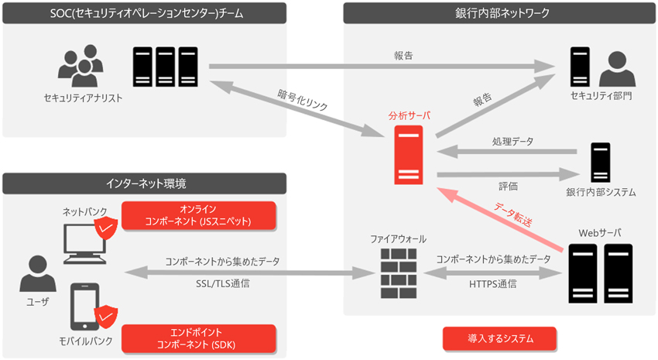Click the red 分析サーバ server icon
(408, 155)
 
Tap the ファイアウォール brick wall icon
(399, 273)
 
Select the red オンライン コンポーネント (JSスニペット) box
(199, 216)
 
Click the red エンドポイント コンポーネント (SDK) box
(199, 338)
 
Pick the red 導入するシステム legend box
(500, 338)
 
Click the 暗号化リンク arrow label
(303, 99)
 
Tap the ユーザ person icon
(38, 273)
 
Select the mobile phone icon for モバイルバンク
(85, 307)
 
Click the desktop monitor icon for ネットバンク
(85, 244)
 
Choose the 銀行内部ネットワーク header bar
(499, 13)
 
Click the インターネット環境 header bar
(144, 183)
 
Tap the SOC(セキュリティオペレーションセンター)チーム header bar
(144, 13)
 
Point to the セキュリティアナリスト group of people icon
(81, 66)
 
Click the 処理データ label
(512, 142)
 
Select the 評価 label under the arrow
(508, 186)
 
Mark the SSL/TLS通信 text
(222, 283)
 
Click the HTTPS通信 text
(492, 284)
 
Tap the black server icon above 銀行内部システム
(601, 163)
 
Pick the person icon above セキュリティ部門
(617, 69)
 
